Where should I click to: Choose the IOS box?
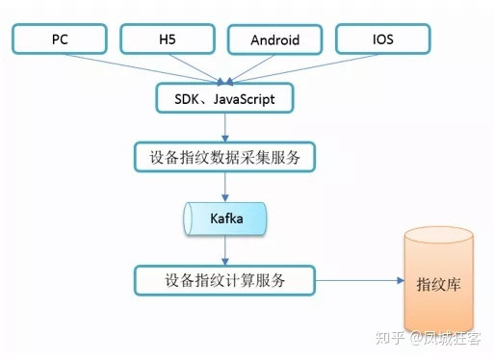point(383,40)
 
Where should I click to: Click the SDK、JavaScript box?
point(224,97)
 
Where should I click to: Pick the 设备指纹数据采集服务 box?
point(224,154)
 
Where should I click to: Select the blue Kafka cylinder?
point(224,219)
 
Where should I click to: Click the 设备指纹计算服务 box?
point(224,281)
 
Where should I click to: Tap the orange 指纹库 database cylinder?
point(441,285)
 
